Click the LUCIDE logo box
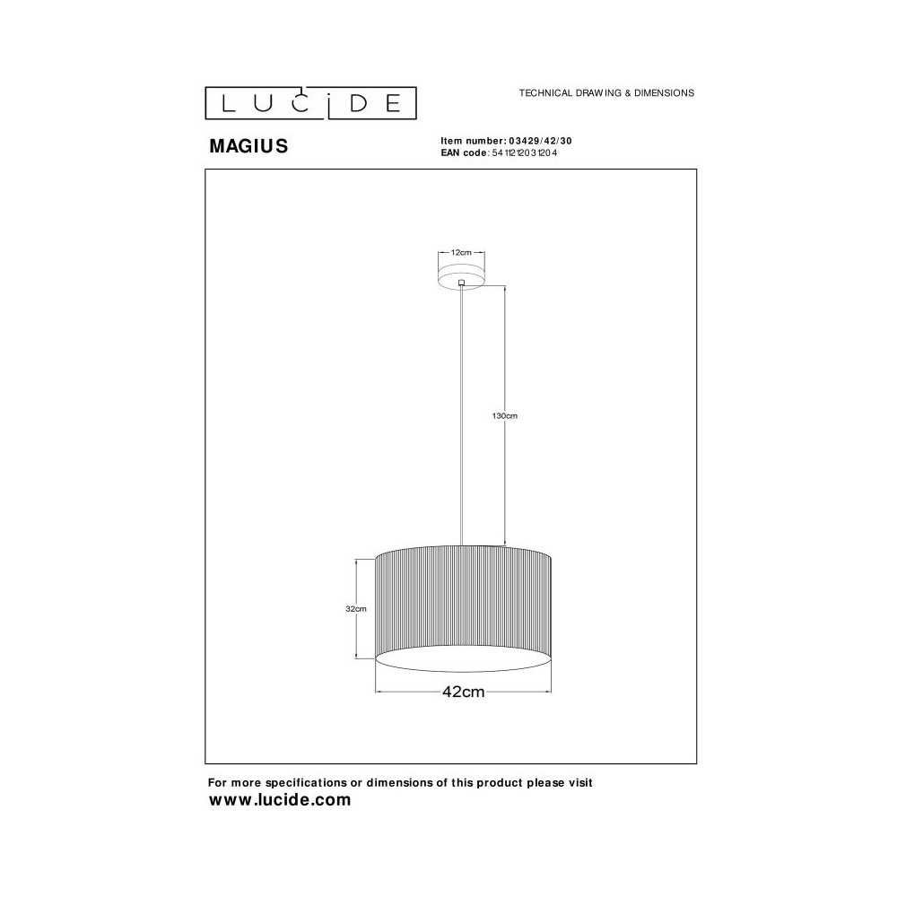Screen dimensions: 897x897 point(310,103)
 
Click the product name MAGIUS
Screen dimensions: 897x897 point(248,146)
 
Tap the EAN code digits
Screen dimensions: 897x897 point(525,152)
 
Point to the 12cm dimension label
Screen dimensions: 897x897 point(461,252)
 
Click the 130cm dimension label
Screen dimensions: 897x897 point(504,416)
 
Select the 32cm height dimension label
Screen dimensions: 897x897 point(356,609)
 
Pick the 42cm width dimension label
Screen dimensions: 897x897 point(464,692)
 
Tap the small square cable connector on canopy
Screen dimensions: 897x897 point(461,282)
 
